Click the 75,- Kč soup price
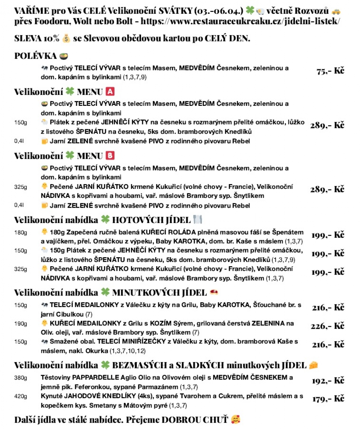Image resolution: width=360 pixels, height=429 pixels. click(330, 71)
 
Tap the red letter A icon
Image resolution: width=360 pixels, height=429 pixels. click(110, 91)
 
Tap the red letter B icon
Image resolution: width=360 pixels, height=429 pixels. click(110, 156)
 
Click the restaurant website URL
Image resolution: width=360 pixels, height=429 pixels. click(240, 22)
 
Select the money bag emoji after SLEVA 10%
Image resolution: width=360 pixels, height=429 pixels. click(66, 39)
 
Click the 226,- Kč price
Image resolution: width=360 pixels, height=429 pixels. click(327, 326)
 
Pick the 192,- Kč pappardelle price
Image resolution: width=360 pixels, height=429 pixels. click(328, 381)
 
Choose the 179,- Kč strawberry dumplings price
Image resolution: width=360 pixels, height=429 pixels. click(328, 399)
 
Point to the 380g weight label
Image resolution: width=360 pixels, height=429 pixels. click(20, 378)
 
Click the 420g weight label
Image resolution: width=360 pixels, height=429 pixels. click(20, 396)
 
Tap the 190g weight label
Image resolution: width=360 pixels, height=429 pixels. click(20, 323)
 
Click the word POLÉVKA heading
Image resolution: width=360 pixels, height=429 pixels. click(35, 56)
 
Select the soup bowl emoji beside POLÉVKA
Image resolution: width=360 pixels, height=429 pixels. click(64, 56)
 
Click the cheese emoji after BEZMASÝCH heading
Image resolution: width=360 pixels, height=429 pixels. click(313, 365)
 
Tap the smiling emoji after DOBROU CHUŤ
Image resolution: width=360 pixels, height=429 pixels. click(236, 419)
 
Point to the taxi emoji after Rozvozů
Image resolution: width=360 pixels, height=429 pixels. click(336, 11)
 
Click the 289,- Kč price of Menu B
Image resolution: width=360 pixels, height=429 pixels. click(327, 189)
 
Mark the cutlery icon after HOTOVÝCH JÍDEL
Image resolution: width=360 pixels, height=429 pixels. click(197, 220)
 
